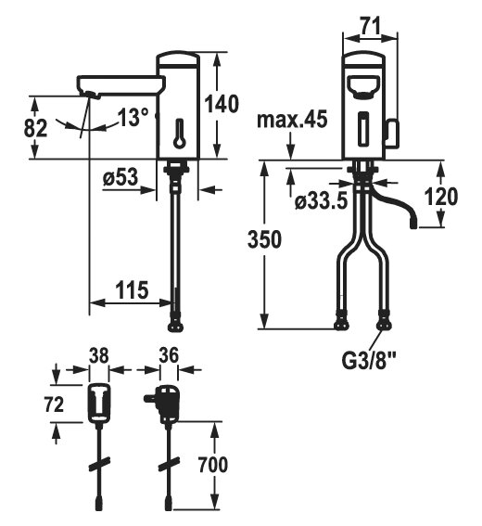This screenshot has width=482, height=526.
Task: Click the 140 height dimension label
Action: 222,104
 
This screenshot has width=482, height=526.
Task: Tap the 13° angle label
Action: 133,117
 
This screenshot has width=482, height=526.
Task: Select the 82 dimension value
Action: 35,128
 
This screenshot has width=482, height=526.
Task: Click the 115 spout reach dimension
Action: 132,289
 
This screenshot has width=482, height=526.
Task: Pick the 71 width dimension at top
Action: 371,26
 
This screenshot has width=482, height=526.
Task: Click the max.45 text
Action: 292,119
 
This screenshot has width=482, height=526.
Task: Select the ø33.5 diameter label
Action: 321,201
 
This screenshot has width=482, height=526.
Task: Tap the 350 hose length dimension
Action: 264,239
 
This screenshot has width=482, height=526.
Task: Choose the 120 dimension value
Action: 441,196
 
